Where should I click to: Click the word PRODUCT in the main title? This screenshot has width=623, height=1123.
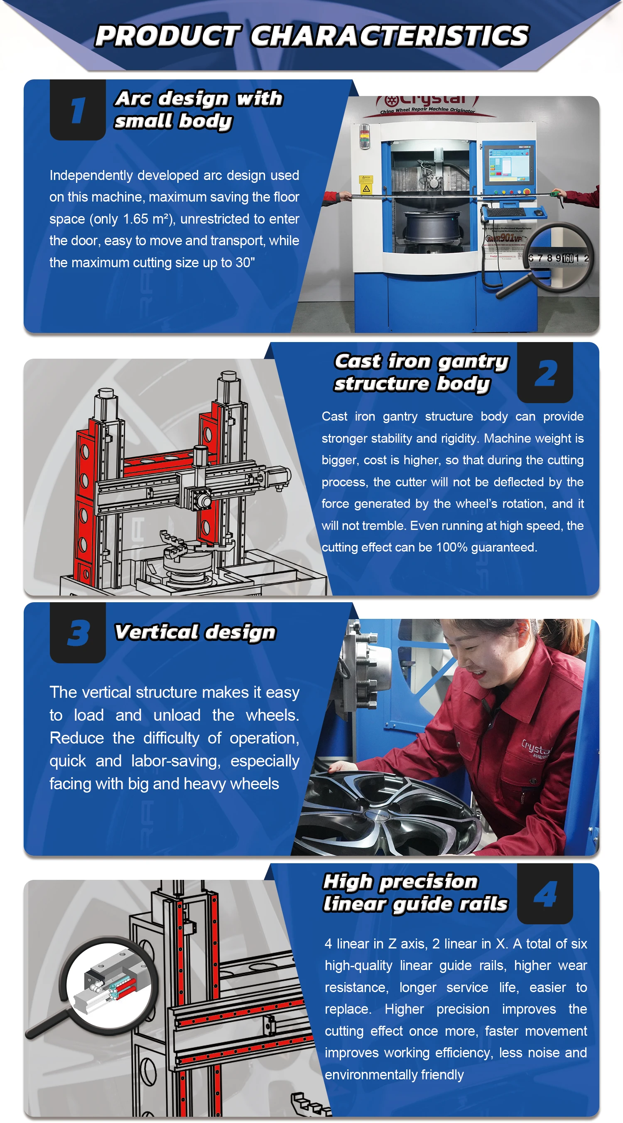[x=167, y=36]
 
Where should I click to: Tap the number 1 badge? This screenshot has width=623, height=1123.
[x=78, y=110]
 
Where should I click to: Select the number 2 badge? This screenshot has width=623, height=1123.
[x=545, y=373]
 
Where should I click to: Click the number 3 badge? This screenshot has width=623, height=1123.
[x=78, y=633]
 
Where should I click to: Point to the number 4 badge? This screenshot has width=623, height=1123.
[x=545, y=894]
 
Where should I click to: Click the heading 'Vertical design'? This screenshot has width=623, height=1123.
[x=195, y=632]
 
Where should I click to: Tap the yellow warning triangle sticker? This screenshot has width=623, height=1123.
[x=366, y=189]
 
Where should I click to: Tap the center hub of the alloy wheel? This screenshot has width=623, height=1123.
[x=378, y=815]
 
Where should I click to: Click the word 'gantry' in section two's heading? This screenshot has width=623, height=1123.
[x=473, y=362]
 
